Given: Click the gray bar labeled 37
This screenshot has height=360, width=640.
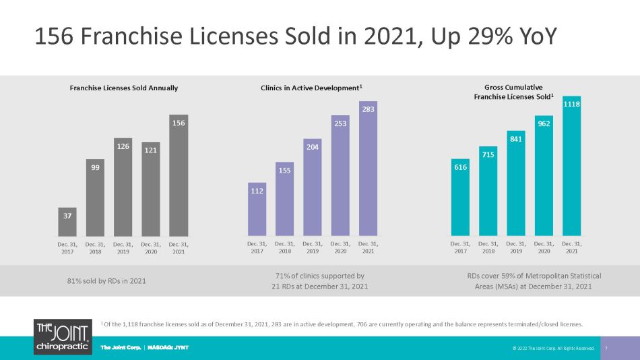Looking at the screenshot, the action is tap(67, 222).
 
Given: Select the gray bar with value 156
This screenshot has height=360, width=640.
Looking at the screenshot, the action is tap(179, 175).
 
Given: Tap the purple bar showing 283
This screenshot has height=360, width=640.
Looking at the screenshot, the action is tap(368, 169).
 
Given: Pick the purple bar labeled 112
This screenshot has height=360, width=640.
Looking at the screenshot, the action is tap(257, 209).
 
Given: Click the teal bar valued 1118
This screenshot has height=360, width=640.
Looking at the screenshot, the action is tap(571, 166).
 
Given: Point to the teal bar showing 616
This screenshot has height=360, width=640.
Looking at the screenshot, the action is tap(460, 198).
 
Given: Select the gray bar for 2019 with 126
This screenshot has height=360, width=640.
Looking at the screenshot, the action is tap(123, 187).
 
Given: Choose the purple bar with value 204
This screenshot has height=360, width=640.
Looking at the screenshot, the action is tap(312, 187).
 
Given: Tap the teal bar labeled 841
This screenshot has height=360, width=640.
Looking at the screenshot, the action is tap(516, 183).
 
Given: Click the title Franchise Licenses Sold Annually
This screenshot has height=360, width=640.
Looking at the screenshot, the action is tap(124, 88).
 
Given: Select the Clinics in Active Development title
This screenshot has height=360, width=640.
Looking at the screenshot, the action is tap(311, 88).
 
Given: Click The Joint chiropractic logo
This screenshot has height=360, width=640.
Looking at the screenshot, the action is tap(63, 336).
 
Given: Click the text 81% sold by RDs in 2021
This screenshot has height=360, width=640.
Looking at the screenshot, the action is tap(106, 281).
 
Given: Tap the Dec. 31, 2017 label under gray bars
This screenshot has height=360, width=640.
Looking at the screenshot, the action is tap(67, 248).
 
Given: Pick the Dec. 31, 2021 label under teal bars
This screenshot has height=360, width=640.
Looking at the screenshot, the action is tap(572, 247).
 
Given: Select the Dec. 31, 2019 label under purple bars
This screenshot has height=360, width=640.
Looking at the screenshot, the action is tap(313, 247).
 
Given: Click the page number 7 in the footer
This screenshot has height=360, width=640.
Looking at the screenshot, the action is tap(606, 349).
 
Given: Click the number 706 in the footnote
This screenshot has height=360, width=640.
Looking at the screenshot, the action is tap(362, 324).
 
